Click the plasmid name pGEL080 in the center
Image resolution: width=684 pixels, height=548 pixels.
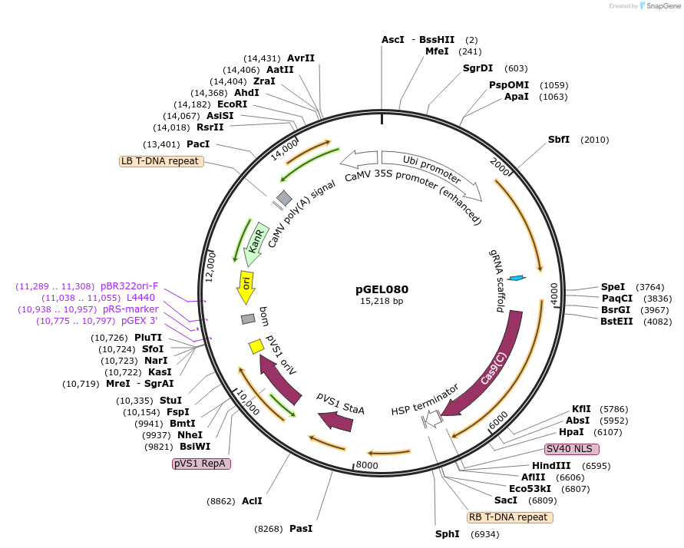click(x=382, y=289)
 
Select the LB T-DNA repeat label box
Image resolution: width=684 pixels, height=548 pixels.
click(x=160, y=161)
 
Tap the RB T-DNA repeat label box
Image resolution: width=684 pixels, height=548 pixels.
click(x=510, y=517)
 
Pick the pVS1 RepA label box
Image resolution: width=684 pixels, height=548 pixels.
click(x=202, y=464)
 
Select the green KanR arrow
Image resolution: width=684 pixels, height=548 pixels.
click(x=255, y=244)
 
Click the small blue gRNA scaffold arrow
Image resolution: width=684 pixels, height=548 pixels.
click(x=517, y=278)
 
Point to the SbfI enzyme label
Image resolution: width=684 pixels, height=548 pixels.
click(x=559, y=140)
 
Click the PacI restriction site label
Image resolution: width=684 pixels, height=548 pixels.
click(x=198, y=144)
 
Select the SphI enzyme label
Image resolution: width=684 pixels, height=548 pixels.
click(x=447, y=533)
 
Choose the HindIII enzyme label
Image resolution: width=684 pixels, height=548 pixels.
click(x=551, y=465)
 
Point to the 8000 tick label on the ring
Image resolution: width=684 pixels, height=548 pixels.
click(x=368, y=464)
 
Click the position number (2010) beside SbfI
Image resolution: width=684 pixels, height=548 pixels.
click(x=595, y=140)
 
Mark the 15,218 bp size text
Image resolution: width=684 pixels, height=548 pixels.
click(x=382, y=302)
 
